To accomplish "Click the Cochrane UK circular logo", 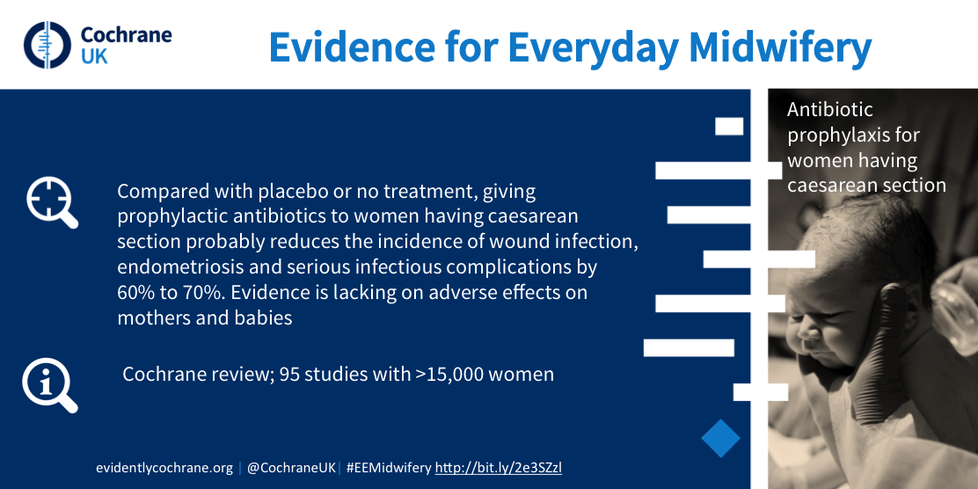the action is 48,45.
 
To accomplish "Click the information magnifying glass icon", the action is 50,385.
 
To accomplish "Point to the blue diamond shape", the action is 720,439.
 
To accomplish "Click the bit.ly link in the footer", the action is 499,467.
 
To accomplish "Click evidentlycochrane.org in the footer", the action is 164,467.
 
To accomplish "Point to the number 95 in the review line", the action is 288,374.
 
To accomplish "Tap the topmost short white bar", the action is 729,126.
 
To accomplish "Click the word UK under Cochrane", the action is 94,56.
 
